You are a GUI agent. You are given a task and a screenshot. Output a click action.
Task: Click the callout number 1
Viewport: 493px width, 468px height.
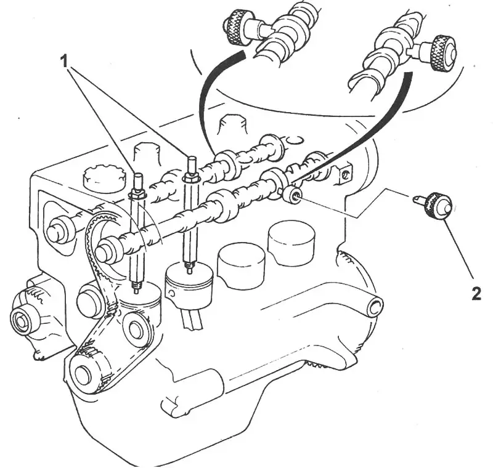coord(64,61)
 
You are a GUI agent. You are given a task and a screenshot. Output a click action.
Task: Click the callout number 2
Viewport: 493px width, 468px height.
coord(476,294)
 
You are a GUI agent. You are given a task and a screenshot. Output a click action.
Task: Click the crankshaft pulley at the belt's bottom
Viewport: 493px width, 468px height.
coord(88,374)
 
